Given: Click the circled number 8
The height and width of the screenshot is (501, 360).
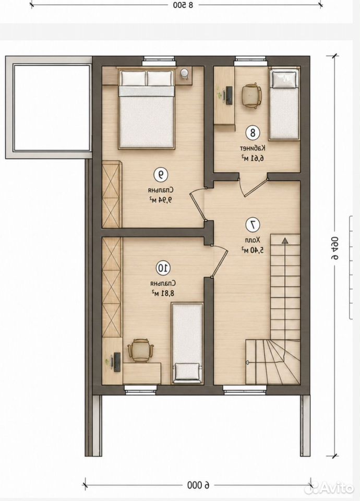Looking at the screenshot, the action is click(x=253, y=133).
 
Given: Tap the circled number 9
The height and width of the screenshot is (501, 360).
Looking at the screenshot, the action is click(x=161, y=174).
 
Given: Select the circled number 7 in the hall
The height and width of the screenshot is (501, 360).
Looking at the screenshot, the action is click(x=253, y=225).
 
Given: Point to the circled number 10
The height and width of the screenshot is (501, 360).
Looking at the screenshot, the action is click(x=163, y=268).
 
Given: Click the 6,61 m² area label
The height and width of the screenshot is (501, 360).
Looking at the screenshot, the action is click(x=253, y=158).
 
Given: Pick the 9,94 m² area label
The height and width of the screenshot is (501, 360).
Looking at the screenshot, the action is click(x=161, y=200).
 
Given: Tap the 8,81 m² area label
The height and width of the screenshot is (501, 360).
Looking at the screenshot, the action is click(x=163, y=293).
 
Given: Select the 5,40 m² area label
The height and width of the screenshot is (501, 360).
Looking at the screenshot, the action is click(x=253, y=250).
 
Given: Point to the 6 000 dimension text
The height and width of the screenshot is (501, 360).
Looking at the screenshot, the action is click(x=198, y=485).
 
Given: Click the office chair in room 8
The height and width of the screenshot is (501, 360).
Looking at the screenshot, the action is click(x=251, y=96).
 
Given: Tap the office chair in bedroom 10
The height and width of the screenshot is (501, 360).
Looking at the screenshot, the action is click(x=140, y=350).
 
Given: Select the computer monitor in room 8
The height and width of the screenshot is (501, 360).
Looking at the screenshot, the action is click(x=229, y=95).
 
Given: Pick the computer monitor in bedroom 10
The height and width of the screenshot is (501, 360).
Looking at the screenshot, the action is click(x=117, y=362).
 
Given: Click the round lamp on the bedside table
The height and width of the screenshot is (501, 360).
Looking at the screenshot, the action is click(x=185, y=73).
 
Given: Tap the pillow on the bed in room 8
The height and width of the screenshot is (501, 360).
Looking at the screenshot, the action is click(x=284, y=80).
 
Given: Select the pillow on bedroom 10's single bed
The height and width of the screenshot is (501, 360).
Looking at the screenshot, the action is click(x=187, y=371).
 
